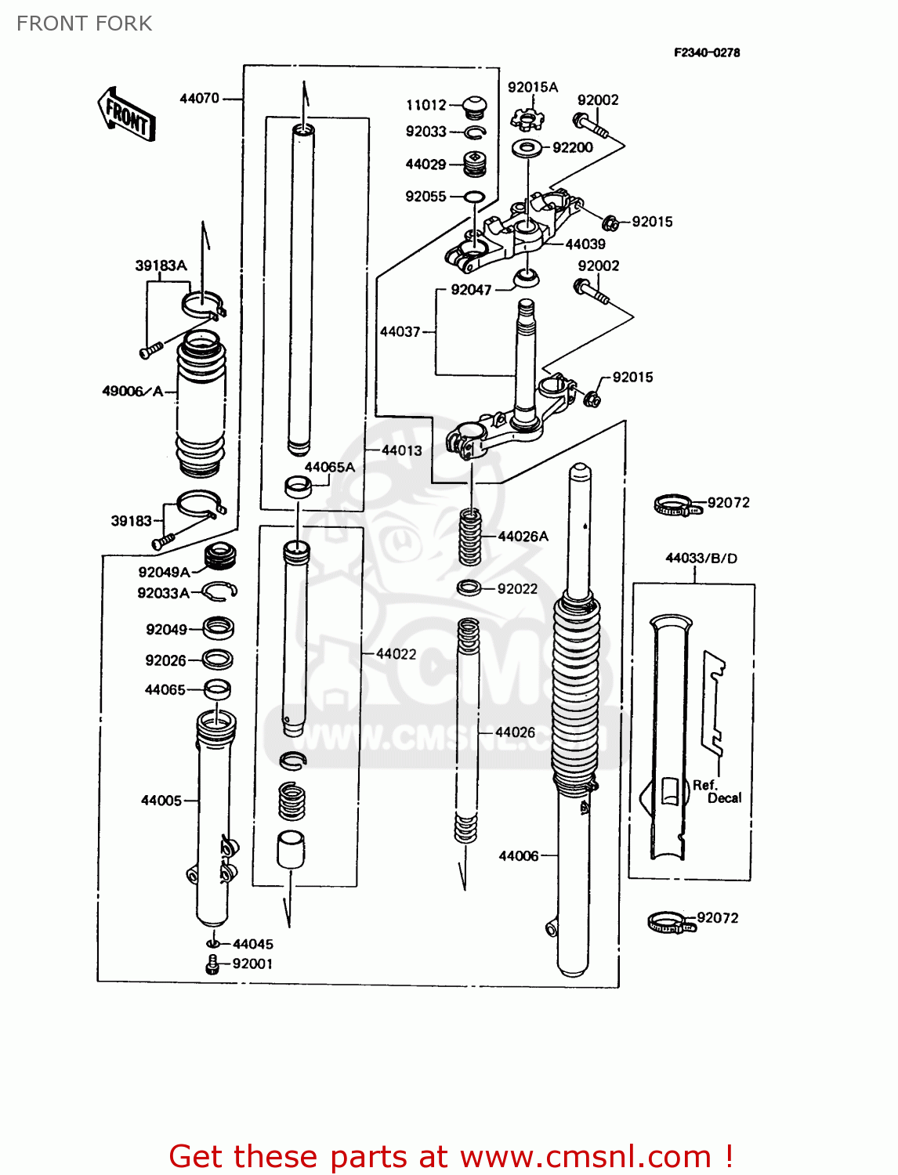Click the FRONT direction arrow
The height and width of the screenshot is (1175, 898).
pyautogui.click(x=126, y=114)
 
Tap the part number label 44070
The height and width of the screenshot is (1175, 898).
pyautogui.click(x=199, y=98)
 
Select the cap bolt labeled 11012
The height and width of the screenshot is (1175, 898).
pyautogui.click(x=473, y=106)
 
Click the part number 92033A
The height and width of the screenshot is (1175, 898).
pyautogui.click(x=163, y=593)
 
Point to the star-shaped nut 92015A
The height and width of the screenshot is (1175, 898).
pyautogui.click(x=527, y=119)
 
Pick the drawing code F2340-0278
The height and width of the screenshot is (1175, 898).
pyautogui.click(x=706, y=52)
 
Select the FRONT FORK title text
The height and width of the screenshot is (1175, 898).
pyautogui.click(x=84, y=23)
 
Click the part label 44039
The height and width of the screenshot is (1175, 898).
pyautogui.click(x=585, y=244)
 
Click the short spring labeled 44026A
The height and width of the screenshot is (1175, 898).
pyautogui.click(x=469, y=536)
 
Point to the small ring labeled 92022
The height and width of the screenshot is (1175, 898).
pyautogui.click(x=469, y=587)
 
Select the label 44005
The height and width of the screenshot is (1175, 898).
pyautogui.click(x=161, y=800)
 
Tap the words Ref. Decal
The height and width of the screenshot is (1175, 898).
pyautogui.click(x=716, y=791)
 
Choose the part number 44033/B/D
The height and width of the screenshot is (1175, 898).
pyautogui.click(x=701, y=558)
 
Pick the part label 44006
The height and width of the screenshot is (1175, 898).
pyautogui.click(x=519, y=855)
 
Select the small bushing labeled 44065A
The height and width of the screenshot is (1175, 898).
pyautogui.click(x=297, y=486)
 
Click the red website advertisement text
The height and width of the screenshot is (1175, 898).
pyautogui.click(x=451, y=1156)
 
